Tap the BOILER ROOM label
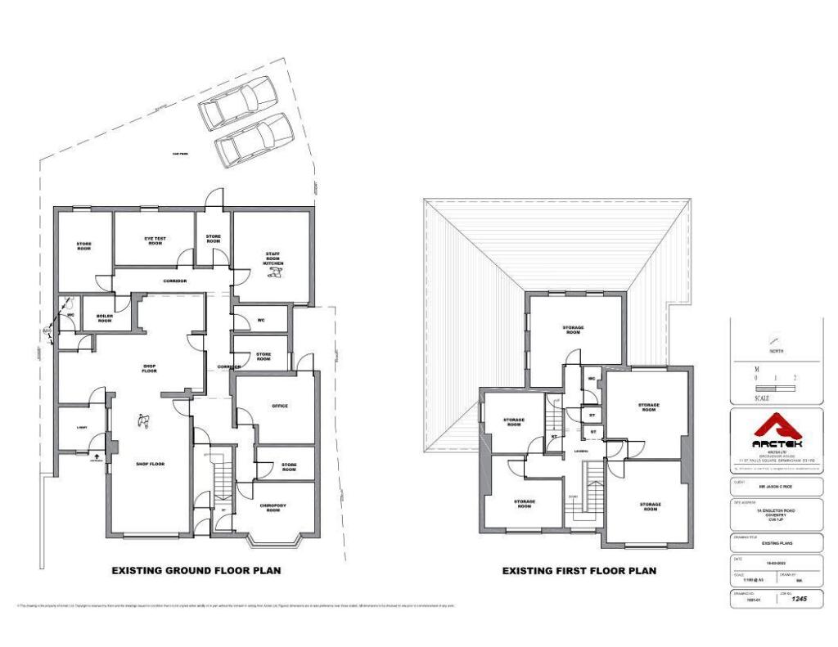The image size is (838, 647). [x=104, y=318]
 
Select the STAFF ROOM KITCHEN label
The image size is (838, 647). [x=273, y=259]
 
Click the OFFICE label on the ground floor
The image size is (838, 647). [x=280, y=406]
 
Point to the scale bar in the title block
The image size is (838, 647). [x=776, y=389]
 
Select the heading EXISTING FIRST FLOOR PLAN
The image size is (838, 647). [x=579, y=571]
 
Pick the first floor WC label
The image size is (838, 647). [x=591, y=379]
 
